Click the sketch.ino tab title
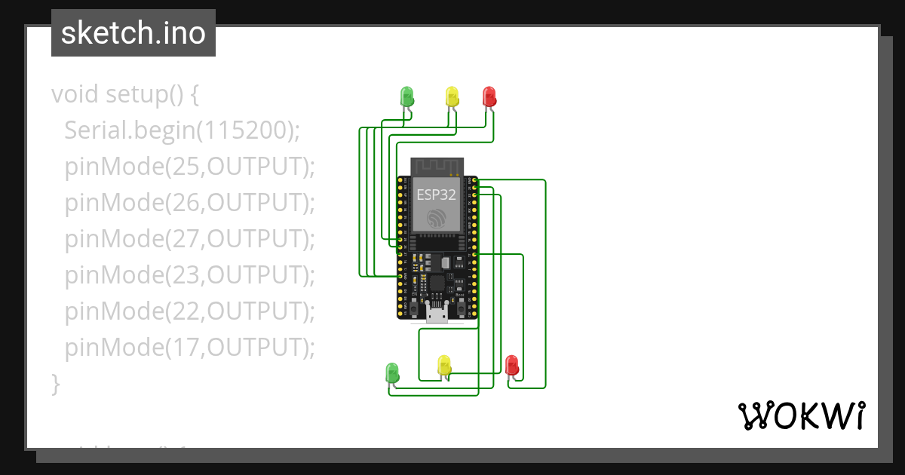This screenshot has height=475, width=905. pos(133,34)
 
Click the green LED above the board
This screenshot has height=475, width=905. pos(406,96)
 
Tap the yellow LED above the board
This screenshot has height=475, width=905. pos(452,96)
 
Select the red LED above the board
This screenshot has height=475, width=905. pos(489,96)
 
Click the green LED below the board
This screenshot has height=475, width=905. pos(392,372)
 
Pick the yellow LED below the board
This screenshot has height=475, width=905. pos(444,365)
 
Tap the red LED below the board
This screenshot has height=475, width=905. pos(512,365)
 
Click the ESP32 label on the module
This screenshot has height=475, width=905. pos(437,194)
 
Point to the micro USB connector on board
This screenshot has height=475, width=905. pos(437,313)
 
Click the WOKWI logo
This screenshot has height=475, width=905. pos(802,415)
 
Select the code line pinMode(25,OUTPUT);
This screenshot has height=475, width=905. pos(189,167)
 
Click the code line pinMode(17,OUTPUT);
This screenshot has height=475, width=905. pos(189,348)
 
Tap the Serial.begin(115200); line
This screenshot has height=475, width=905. pos(182,130)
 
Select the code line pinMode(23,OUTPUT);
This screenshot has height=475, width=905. pos(189,275)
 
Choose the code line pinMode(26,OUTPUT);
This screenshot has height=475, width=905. pos(189,203)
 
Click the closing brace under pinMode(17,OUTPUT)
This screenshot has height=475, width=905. pos(55,383)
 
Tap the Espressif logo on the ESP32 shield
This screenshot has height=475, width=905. pos(437,219)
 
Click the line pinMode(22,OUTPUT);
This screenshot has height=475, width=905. pos(189,311)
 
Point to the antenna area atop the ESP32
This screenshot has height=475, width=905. pos(437,166)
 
